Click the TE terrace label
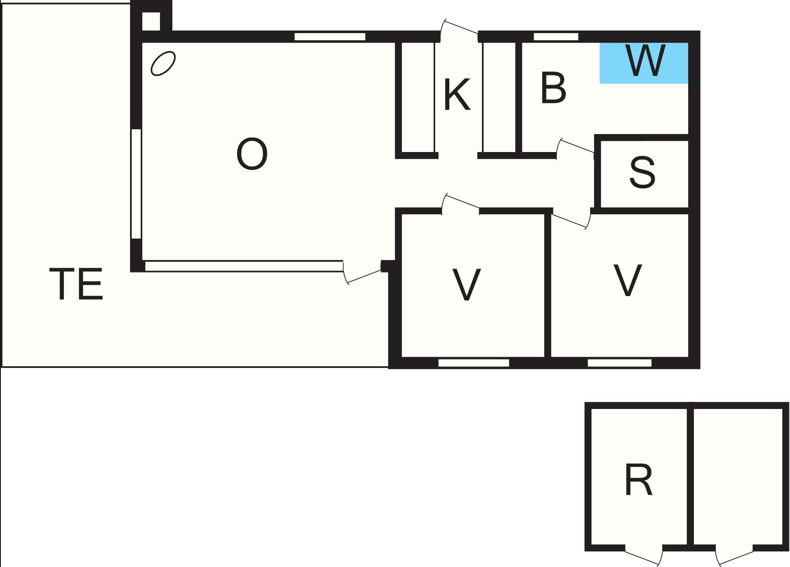pos(76,284)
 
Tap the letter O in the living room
pos(252,154)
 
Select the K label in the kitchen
pos(457,95)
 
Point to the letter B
pos(553,88)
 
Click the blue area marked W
pos(644,63)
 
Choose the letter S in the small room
pos(642,172)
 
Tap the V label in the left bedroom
pos(466,284)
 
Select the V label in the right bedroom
pos(628,280)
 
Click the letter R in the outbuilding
pos(639,479)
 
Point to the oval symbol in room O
pos(163,63)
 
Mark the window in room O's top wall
pos(330,37)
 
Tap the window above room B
pos(556,37)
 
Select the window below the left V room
pos(474,363)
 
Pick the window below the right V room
pos(620,363)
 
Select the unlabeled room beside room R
pos(738,476)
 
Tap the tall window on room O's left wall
pos(136,184)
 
